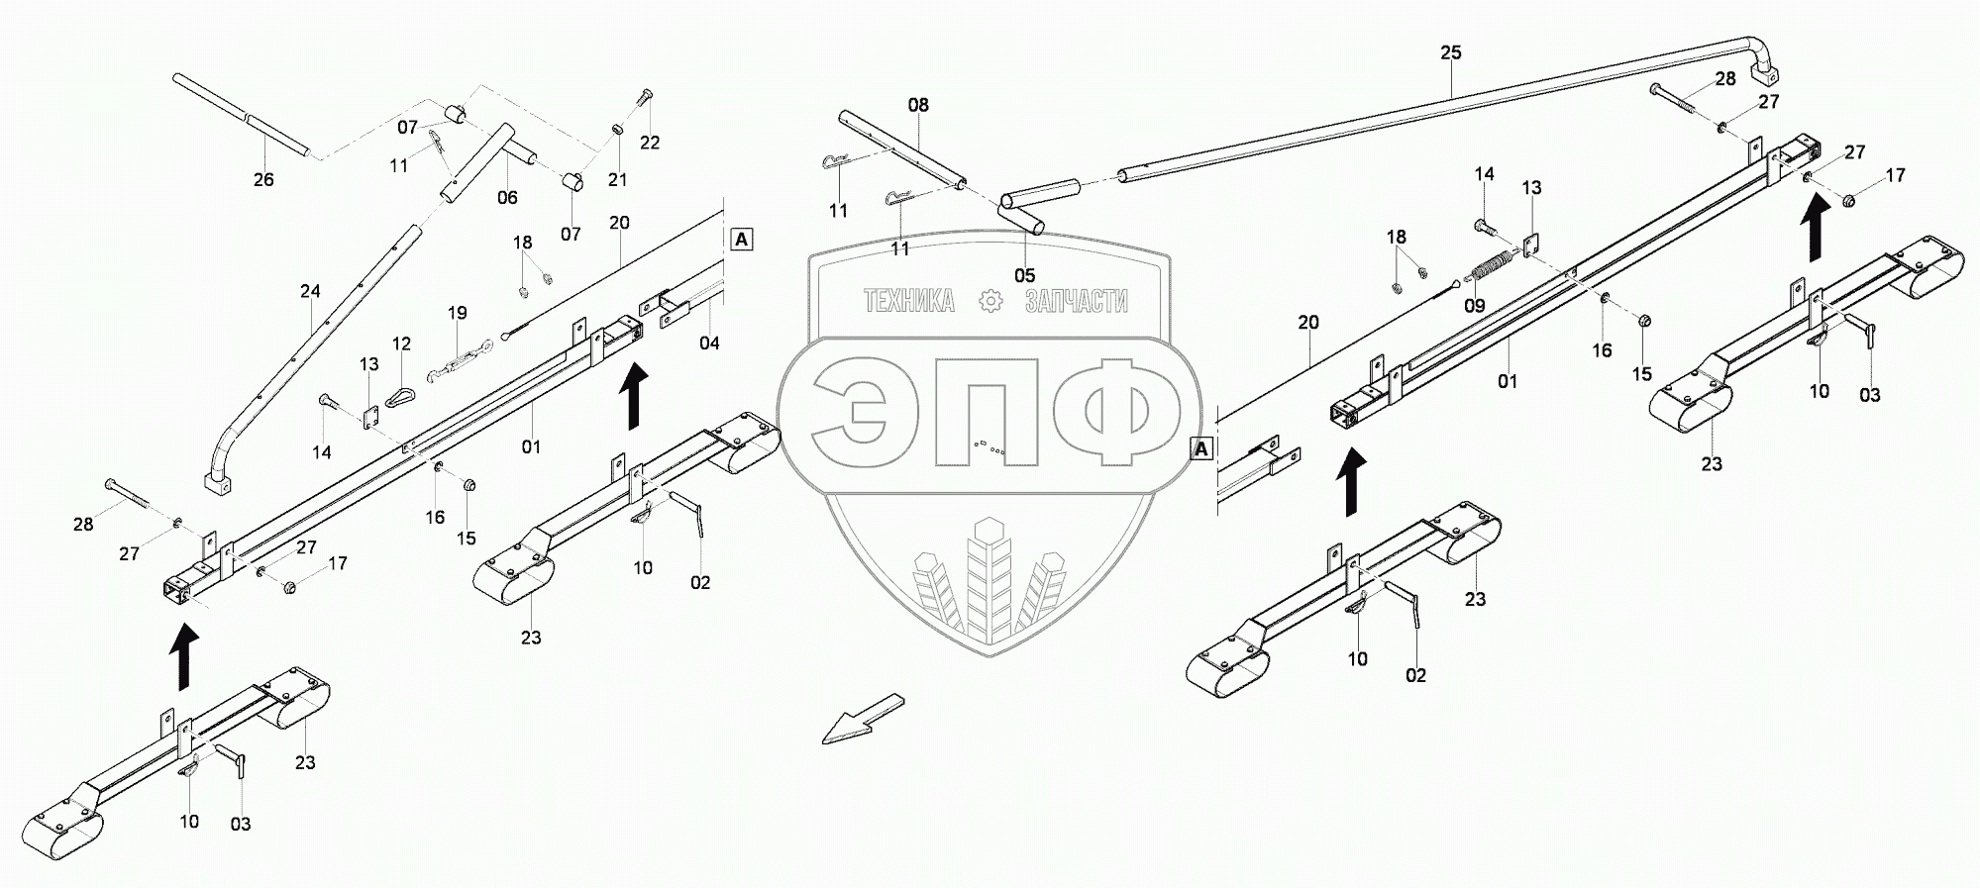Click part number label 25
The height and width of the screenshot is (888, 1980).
[1450, 52]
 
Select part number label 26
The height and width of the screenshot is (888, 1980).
[263, 180]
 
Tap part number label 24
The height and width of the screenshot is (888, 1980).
[310, 292]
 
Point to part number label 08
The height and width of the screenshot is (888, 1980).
[918, 105]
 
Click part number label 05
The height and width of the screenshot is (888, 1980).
[1024, 275]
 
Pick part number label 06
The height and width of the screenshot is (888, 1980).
[507, 198]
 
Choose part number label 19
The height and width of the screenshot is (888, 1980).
[457, 313]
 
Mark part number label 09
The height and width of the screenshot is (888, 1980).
[1474, 306]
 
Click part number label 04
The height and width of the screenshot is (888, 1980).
[709, 344]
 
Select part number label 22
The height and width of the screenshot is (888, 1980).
[649, 143]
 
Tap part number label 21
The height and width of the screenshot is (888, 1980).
[618, 179]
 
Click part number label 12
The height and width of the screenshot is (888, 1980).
[401, 344]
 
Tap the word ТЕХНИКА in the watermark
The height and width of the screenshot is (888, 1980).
[908, 301]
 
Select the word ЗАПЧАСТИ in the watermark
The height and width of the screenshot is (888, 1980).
[1076, 301]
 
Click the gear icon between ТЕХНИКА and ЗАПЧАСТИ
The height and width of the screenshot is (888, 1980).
[990, 301]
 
